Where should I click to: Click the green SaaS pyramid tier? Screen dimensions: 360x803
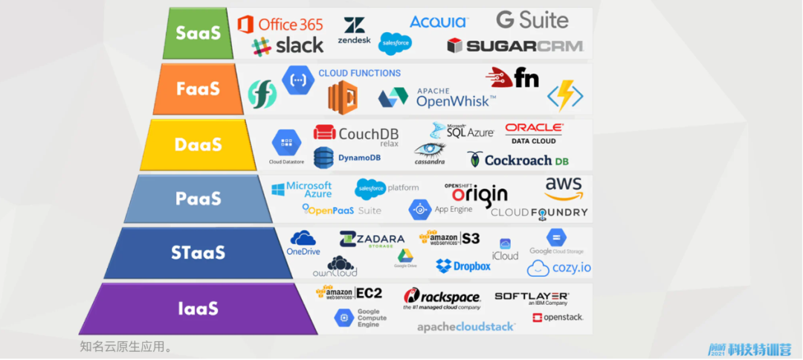coord(197,33)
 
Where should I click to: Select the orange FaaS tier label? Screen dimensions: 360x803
coord(198,89)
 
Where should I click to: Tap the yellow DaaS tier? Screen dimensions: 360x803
coord(198,145)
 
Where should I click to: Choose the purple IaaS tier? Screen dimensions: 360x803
coord(197,309)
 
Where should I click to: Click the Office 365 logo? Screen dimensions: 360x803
coord(280,25)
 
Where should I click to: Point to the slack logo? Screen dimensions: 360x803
coord(288,46)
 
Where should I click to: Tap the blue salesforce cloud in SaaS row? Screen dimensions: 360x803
coord(395,44)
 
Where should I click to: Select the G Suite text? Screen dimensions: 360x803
coord(532,20)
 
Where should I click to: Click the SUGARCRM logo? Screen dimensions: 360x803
coord(515,46)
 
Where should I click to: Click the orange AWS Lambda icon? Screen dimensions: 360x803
coord(343,97)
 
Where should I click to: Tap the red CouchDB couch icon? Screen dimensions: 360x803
coord(324,132)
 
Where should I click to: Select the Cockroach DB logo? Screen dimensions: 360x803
coord(518,159)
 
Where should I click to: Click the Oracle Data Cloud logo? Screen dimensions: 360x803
coord(534,133)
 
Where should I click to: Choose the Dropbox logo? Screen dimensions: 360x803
coord(463,266)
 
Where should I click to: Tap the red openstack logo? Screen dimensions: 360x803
coord(558,318)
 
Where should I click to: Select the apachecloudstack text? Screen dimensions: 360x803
coord(465,327)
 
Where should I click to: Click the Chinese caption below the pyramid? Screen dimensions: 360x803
coord(126,347)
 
